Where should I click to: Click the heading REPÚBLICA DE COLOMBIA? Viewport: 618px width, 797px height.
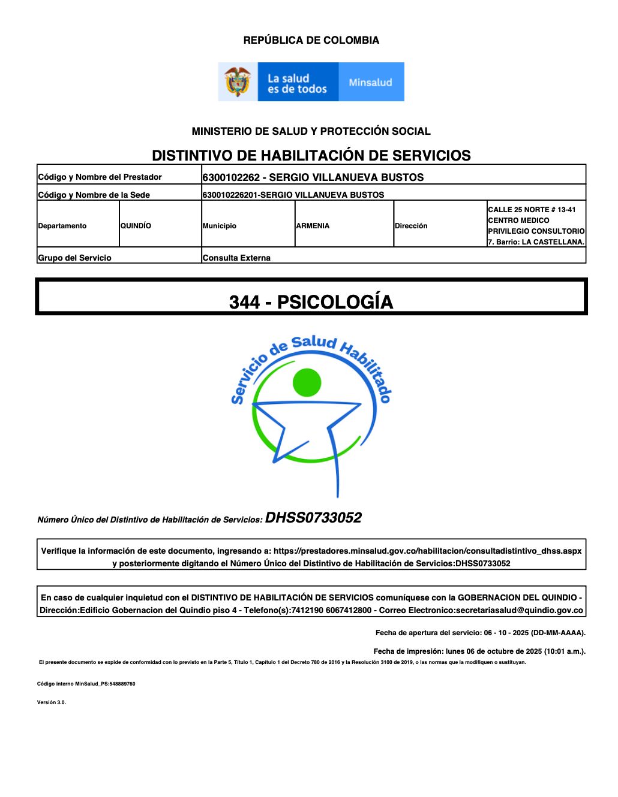[x=311, y=40]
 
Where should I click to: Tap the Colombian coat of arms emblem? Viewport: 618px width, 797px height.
[x=238, y=82]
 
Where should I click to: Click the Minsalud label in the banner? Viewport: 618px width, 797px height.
[x=370, y=82]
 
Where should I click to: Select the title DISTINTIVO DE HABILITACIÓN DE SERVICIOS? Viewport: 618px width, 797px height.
[x=311, y=155]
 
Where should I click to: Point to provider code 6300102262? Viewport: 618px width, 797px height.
[x=231, y=177]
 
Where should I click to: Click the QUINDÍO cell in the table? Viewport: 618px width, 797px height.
[x=136, y=226]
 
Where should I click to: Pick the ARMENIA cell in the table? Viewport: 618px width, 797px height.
[x=313, y=226]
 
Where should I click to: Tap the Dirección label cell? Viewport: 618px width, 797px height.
[x=411, y=226]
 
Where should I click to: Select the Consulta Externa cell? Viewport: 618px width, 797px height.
[x=236, y=258]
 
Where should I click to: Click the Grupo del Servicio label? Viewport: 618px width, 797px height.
[x=74, y=258]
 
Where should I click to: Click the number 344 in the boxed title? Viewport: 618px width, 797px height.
[x=244, y=302]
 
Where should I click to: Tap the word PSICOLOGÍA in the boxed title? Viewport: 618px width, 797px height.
[x=335, y=302]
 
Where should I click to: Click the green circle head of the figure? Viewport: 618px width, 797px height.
[x=307, y=382]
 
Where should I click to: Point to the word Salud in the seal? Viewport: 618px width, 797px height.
[x=314, y=343]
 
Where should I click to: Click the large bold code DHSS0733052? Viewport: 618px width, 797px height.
[x=313, y=518]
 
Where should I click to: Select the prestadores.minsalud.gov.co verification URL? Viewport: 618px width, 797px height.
[x=427, y=551]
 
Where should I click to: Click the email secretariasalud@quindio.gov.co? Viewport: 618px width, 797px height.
[x=519, y=610]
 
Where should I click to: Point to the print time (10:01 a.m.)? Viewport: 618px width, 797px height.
[x=565, y=651]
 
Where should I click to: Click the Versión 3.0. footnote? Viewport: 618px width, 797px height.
[x=52, y=702]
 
